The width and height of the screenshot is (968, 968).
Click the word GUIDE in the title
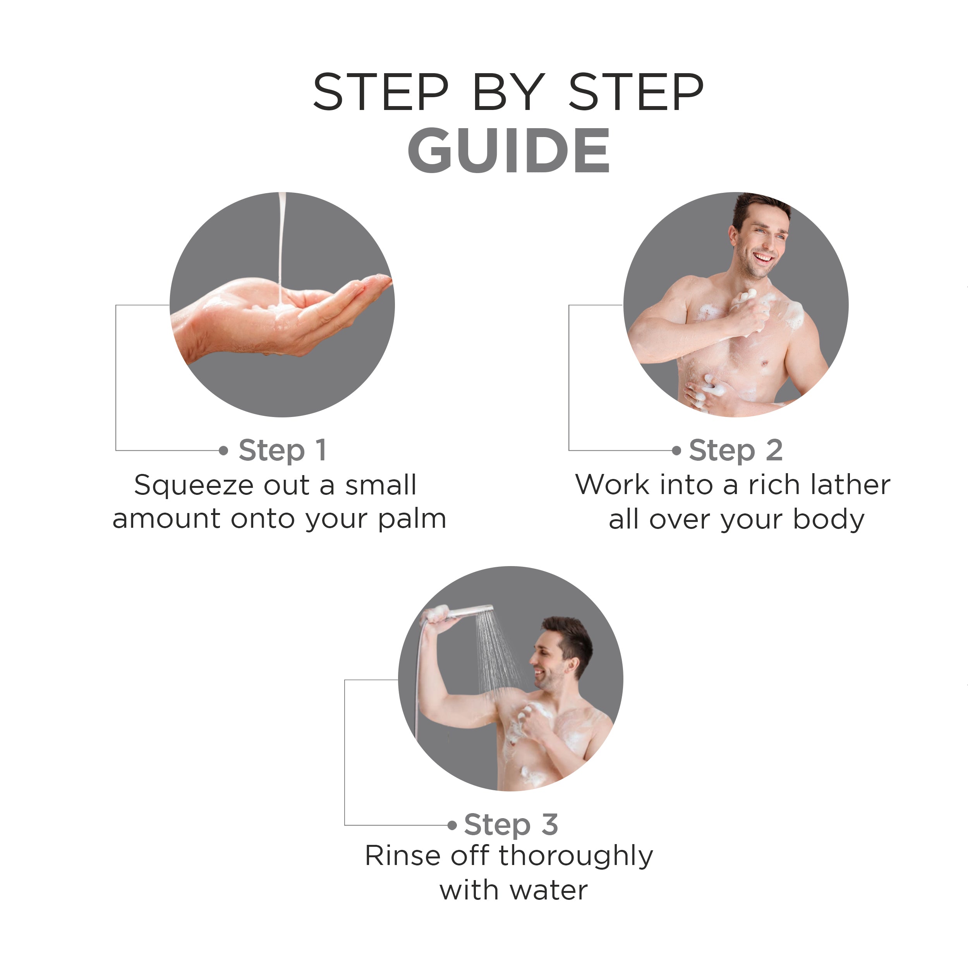click(509, 150)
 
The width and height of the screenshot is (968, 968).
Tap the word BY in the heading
click(508, 92)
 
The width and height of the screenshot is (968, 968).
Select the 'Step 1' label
click(283, 450)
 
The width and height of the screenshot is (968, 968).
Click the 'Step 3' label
click(511, 824)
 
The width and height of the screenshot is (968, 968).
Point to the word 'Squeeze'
click(194, 486)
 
